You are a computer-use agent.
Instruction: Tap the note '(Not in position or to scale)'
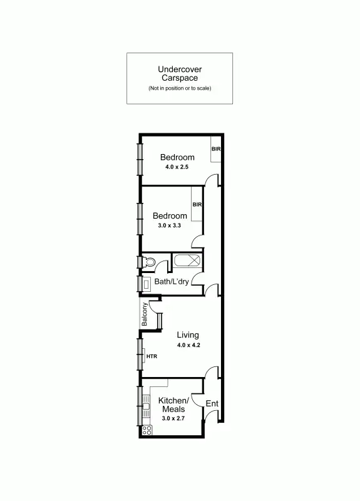[x=180, y=88]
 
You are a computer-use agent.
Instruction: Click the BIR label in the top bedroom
[x=216, y=149]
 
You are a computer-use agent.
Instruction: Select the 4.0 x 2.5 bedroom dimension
[x=177, y=168]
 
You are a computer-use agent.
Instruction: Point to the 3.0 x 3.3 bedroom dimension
[x=168, y=225]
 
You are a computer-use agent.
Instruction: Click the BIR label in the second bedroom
[x=197, y=204]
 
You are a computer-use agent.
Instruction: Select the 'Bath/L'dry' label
[x=172, y=282]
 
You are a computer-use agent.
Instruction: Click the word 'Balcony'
[x=145, y=314]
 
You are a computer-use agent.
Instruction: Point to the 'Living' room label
[x=187, y=335]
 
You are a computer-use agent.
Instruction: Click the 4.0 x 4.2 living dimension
[x=188, y=345]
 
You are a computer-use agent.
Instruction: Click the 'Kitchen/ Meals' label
[x=173, y=405]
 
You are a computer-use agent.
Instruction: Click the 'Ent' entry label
[x=212, y=404]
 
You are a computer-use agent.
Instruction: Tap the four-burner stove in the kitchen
[x=148, y=430]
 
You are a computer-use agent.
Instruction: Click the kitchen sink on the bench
[x=146, y=406]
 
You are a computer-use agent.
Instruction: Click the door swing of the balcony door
[x=153, y=308]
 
